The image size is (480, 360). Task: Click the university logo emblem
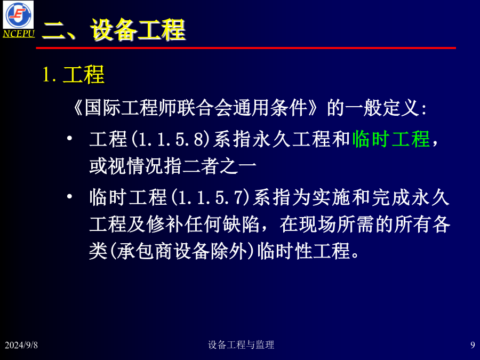(18, 15)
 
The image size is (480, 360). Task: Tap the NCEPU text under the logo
(19, 34)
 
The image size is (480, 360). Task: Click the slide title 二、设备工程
(114, 29)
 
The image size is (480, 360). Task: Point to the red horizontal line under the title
(246, 48)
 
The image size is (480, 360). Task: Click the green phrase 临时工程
(391, 139)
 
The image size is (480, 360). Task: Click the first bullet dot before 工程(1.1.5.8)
(69, 138)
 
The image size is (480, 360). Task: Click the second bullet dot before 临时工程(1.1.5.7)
(69, 196)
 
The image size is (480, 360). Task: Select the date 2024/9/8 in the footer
(21, 345)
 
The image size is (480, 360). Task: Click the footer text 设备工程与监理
(241, 345)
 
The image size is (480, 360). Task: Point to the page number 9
(473, 345)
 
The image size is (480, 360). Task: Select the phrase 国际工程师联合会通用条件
(196, 108)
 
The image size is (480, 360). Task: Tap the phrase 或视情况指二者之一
(173, 166)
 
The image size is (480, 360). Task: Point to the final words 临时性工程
(303, 251)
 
